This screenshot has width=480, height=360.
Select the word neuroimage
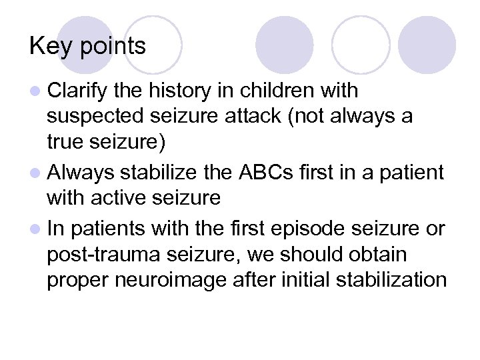(x=159, y=280)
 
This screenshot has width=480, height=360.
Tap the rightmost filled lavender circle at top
(x=427, y=45)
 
